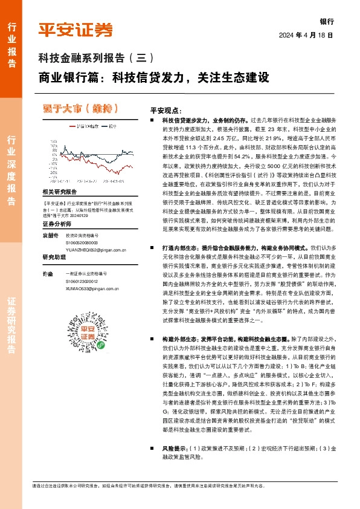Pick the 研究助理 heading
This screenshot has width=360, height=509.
coord(53,258)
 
